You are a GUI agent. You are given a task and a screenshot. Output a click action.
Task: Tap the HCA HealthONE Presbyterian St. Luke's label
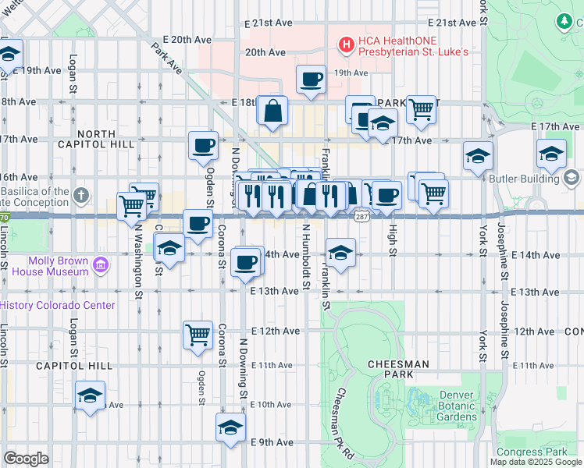[412, 46]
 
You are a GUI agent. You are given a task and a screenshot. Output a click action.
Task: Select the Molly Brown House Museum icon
[99, 266]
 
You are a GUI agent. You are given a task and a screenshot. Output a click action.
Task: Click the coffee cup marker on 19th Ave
[311, 80]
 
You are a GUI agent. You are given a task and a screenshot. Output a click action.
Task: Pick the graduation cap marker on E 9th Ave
[230, 427]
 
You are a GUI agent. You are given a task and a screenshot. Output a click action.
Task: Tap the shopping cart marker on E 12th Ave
[198, 335]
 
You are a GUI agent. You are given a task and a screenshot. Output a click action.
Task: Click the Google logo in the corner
[26, 458]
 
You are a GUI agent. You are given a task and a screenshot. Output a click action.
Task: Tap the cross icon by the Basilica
[82, 193]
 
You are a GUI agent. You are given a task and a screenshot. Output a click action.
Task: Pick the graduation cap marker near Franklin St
[339, 252]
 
